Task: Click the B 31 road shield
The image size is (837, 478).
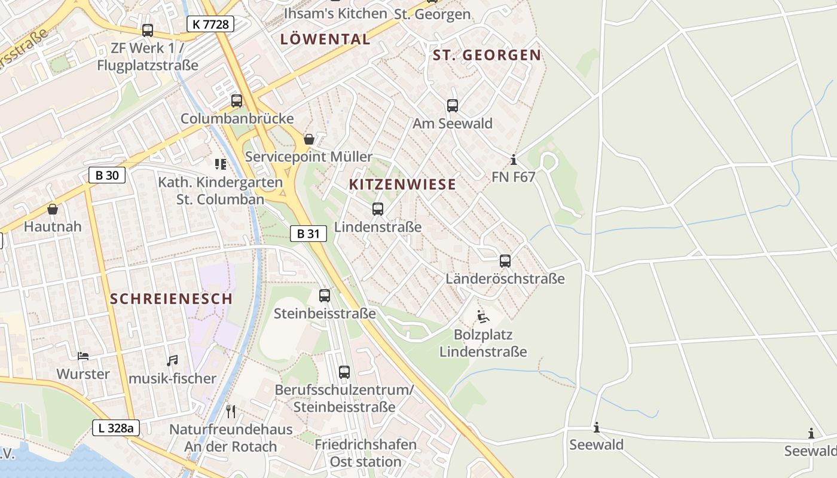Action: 308,234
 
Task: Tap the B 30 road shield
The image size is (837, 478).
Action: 107,175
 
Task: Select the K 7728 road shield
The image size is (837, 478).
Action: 210,24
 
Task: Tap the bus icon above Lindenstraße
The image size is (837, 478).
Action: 378,209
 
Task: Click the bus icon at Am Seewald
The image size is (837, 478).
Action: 453,106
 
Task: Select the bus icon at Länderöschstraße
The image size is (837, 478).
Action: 505,261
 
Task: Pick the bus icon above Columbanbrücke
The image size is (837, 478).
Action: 237,101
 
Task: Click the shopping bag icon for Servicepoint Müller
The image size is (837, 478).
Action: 309,139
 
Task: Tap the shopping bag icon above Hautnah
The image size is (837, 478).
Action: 53,209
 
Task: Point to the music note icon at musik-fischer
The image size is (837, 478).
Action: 172,360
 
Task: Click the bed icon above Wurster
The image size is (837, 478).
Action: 83,356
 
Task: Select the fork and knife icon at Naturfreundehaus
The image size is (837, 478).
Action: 231,411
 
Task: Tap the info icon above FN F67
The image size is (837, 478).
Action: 513,160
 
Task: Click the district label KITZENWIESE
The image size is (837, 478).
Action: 402,185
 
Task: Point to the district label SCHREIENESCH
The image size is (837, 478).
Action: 171,299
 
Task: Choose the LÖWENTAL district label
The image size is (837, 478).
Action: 325,39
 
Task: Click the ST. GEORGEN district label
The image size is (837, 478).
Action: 487,56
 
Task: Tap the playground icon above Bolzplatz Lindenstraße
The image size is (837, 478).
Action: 483,316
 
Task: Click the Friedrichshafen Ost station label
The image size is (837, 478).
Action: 365,453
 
